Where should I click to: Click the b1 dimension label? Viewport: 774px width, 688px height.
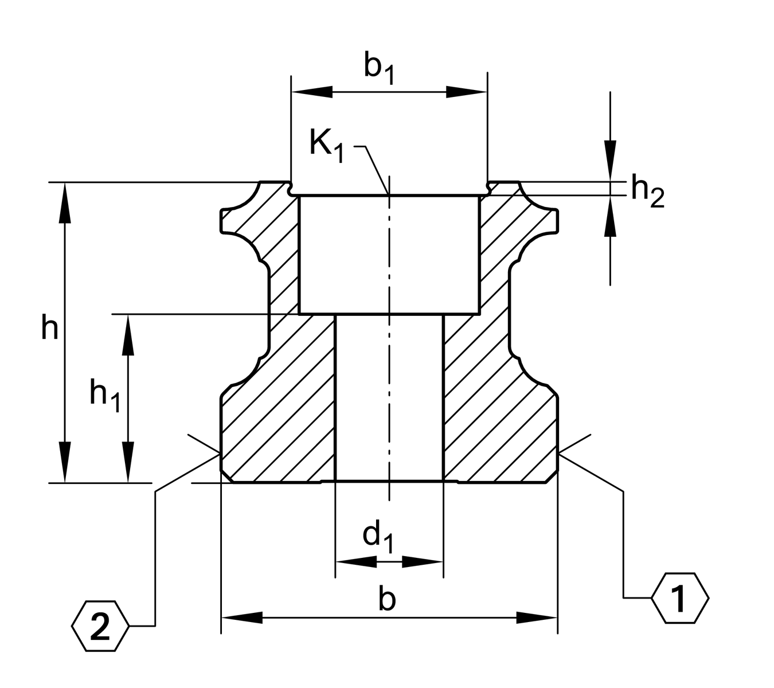[x=380, y=68]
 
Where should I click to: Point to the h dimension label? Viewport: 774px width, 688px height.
[x=50, y=329]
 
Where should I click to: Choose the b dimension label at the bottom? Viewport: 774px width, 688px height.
[x=388, y=600]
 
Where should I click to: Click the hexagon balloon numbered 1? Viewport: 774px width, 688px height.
[x=680, y=598]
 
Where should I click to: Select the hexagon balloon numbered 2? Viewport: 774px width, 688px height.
[x=100, y=626]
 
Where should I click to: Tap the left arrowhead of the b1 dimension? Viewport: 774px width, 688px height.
[x=312, y=92]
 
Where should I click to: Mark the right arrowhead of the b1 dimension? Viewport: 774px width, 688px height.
[x=467, y=92]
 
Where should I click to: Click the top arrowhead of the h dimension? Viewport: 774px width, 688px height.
[x=65, y=203]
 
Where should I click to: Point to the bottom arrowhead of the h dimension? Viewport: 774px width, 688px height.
[x=65, y=462]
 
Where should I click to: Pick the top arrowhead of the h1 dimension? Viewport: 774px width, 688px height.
[x=128, y=335]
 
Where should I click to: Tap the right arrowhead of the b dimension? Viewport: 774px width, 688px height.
[x=537, y=617]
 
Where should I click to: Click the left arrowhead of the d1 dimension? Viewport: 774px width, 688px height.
[x=356, y=562]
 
